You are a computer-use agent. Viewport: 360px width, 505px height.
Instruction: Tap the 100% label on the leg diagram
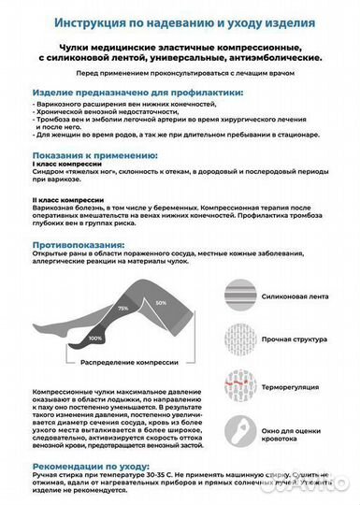click(x=95, y=337)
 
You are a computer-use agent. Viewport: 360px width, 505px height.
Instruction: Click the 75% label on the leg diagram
click(x=123, y=308)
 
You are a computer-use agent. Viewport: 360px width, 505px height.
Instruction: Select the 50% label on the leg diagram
click(x=160, y=303)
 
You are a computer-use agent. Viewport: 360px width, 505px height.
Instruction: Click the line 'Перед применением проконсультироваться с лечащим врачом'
click(x=179, y=73)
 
